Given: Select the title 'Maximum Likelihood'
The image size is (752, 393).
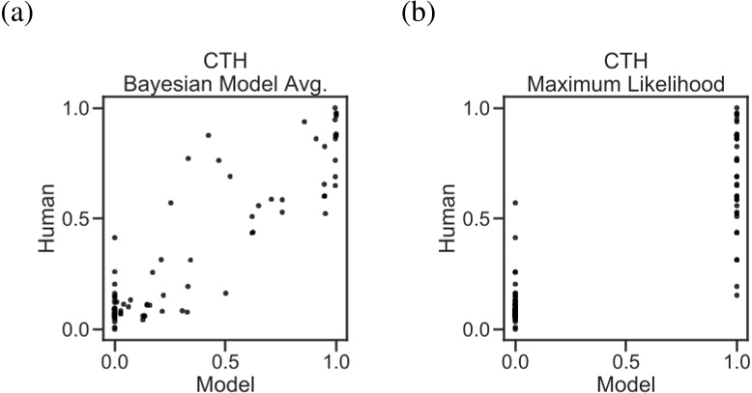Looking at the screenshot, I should pyautogui.click(x=625, y=86).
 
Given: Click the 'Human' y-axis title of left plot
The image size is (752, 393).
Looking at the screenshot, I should pyautogui.click(x=50, y=218).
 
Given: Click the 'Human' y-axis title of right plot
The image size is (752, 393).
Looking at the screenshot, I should pyautogui.click(x=451, y=218).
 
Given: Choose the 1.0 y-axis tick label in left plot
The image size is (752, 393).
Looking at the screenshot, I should pyautogui.click(x=82, y=108).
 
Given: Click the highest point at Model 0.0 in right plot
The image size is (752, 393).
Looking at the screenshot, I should pyautogui.click(x=515, y=203).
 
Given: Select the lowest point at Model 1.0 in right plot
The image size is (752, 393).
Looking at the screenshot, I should pyautogui.click(x=737, y=295).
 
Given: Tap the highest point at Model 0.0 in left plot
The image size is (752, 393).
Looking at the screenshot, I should pyautogui.click(x=115, y=238).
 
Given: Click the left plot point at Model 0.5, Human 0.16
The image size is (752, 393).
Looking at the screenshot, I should pyautogui.click(x=225, y=293).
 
